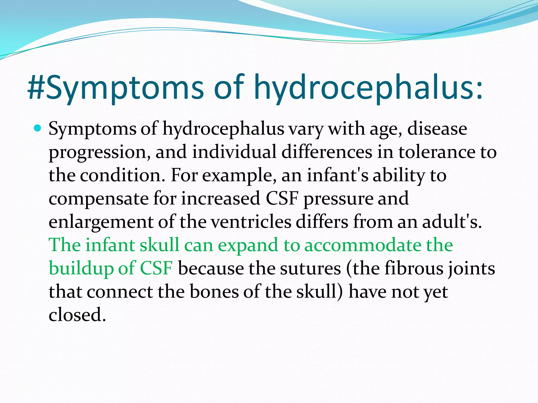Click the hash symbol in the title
[36, 87]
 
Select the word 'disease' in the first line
[437, 129]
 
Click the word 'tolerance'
[437, 152]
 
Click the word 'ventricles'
[251, 222]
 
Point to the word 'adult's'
[452, 222]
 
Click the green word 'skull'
[159, 245]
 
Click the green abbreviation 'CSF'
[156, 268]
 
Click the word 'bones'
[214, 292]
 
